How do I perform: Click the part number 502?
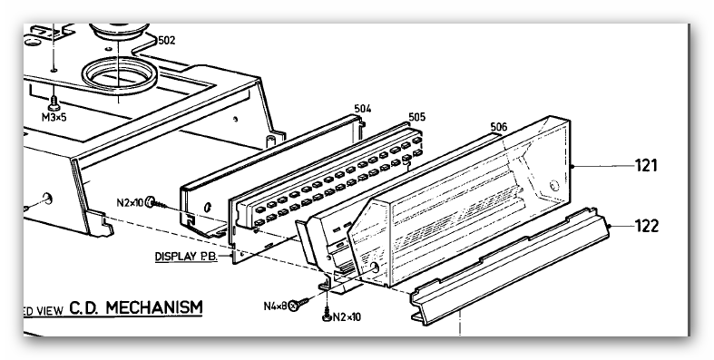(x=167, y=41)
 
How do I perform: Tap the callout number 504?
(x=363, y=109)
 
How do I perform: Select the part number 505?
(x=416, y=117)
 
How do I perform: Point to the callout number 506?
(x=499, y=127)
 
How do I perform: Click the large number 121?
(x=647, y=166)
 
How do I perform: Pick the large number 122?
(x=647, y=226)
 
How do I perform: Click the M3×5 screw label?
(x=54, y=117)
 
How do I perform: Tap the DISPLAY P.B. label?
(x=186, y=257)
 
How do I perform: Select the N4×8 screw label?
(x=276, y=306)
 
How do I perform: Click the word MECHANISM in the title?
(x=154, y=307)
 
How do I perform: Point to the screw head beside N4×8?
(x=293, y=306)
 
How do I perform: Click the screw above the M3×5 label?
(x=54, y=103)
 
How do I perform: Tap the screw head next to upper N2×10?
(x=151, y=202)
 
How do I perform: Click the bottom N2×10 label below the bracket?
(x=347, y=317)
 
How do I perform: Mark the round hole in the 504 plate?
(x=208, y=208)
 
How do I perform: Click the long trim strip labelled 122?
(x=510, y=267)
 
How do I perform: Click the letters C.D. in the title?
(x=85, y=307)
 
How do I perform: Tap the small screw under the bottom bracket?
(x=327, y=316)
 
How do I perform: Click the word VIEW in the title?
(x=50, y=311)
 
